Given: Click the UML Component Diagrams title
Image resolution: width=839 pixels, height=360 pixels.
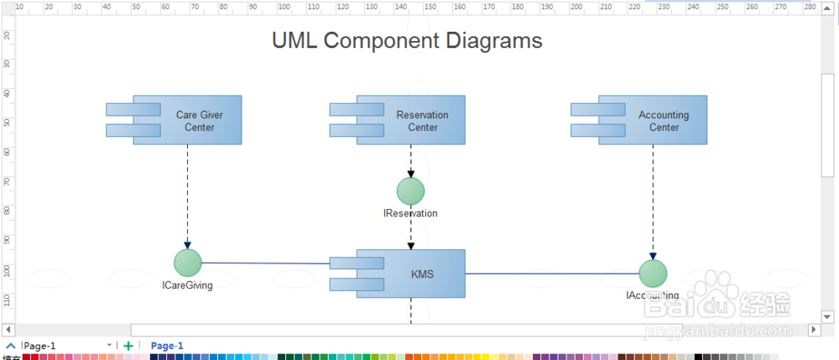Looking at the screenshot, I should (x=407, y=40).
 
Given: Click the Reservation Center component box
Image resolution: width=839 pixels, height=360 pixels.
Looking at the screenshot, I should (x=422, y=121).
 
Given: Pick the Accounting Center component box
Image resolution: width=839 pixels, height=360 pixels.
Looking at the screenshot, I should (x=664, y=121).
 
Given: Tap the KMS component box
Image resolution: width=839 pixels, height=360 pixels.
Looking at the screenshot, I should (x=422, y=274).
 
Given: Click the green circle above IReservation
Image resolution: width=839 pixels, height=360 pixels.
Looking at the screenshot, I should (x=411, y=190).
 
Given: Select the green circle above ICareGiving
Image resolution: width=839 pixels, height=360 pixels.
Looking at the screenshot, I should (x=188, y=263).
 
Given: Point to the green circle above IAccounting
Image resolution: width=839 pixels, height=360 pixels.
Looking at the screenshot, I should (x=653, y=274).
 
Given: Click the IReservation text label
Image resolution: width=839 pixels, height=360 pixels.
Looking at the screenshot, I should (x=410, y=214).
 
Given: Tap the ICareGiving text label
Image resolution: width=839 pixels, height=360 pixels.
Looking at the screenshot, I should (x=187, y=285).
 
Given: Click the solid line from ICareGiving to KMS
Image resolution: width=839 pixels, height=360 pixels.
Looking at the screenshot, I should (x=265, y=263).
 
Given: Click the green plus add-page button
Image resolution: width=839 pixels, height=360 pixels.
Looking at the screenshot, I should (x=128, y=346).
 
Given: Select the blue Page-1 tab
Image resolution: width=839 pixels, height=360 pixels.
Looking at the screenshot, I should (x=167, y=346).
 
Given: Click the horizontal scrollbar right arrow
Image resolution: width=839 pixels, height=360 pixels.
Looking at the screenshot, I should (x=813, y=329).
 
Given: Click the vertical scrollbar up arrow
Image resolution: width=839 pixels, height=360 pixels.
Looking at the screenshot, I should (x=827, y=23).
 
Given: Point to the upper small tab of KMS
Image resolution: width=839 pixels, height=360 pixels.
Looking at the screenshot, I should (x=344, y=263).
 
